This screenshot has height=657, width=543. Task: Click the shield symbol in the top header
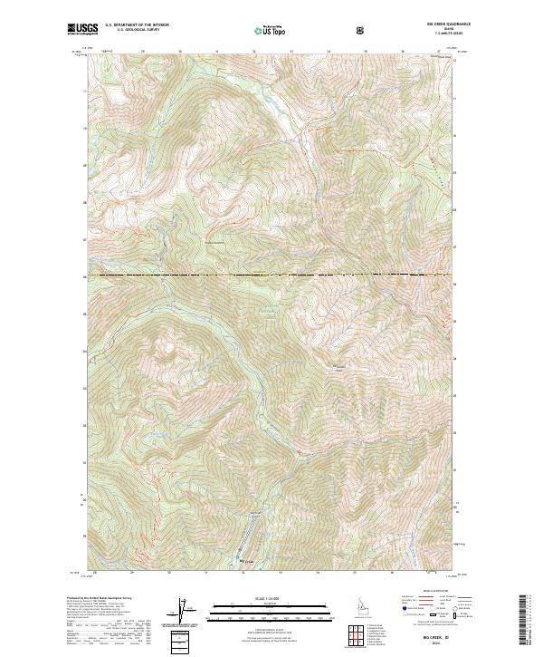[x=362, y=30]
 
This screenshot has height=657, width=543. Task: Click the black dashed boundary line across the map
[x=271, y=274]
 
